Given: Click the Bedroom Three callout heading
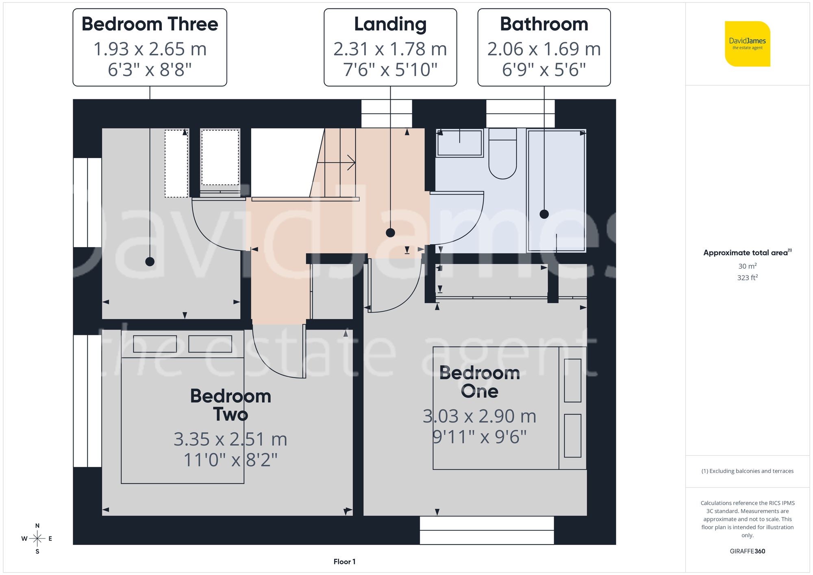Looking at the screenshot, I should pyautogui.click(x=150, y=24).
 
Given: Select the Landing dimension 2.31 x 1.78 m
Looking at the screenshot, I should pyautogui.click(x=390, y=49).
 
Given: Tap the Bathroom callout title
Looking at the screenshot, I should pyautogui.click(x=544, y=24).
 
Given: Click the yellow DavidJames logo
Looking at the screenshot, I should pyautogui.click(x=747, y=44).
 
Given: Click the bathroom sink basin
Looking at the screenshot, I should pyautogui.click(x=459, y=143).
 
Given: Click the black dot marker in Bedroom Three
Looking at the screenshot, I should pyautogui.click(x=150, y=262).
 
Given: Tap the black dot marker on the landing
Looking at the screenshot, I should pyautogui.click(x=390, y=233).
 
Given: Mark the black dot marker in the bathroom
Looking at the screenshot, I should pyautogui.click(x=544, y=214).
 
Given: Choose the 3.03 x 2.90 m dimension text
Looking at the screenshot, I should pyautogui.click(x=479, y=416).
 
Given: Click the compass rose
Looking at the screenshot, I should pyautogui.click(x=37, y=539).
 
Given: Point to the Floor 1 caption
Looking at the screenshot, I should pyautogui.click(x=344, y=562).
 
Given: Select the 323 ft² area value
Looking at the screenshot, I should pyautogui.click(x=747, y=278).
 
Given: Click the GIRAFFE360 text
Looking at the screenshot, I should pyautogui.click(x=747, y=551).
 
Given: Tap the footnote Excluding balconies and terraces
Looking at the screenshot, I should pyautogui.click(x=747, y=471).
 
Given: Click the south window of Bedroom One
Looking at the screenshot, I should pyautogui.click(x=487, y=530).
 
